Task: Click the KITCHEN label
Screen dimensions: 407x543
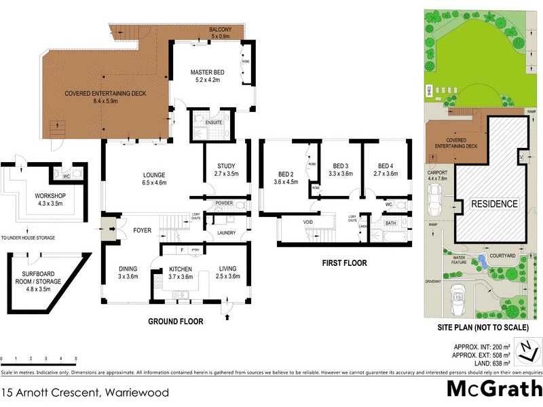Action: (x=181, y=271)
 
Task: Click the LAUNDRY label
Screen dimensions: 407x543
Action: (x=226, y=233)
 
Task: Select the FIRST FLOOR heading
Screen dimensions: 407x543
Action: (x=345, y=263)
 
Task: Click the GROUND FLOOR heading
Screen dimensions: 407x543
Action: (x=176, y=322)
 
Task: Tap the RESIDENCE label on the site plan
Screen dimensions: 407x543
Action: (x=495, y=203)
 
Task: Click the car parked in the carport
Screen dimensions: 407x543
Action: (x=438, y=199)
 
